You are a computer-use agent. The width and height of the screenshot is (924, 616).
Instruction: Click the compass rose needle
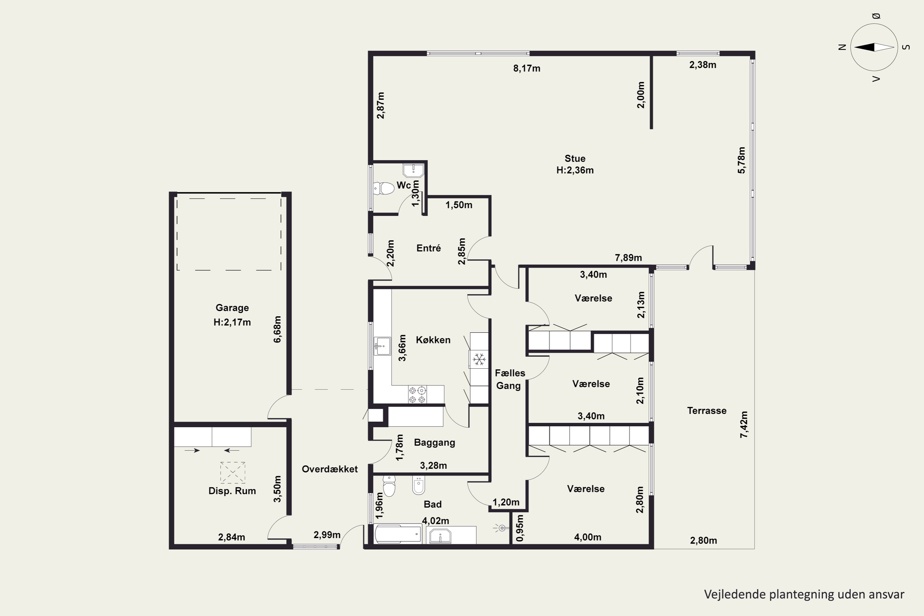pyautogui.click(x=874, y=47)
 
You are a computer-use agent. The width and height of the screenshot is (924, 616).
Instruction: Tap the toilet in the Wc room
pyautogui.click(x=383, y=188)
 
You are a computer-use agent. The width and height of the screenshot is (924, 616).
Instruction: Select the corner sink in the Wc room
pyautogui.click(x=413, y=171)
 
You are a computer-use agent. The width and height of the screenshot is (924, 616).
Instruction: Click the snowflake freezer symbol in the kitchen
pyautogui.click(x=479, y=359)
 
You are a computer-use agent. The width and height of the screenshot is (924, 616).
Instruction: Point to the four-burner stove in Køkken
pyautogui.click(x=417, y=395)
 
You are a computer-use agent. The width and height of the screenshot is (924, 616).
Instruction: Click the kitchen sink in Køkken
pyautogui.click(x=382, y=346)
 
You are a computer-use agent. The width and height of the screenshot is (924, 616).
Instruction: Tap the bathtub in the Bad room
pyautogui.click(x=398, y=534)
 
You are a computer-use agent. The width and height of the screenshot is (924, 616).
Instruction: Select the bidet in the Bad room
pyautogui.click(x=418, y=486)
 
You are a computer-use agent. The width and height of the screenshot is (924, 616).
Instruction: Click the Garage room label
pyautogui.click(x=232, y=308)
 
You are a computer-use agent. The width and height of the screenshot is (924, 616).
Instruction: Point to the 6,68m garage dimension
pyautogui.click(x=278, y=329)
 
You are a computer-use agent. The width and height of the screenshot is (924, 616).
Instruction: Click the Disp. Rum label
pyautogui.click(x=232, y=491)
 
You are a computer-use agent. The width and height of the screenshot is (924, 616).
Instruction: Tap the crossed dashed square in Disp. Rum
pyautogui.click(x=233, y=472)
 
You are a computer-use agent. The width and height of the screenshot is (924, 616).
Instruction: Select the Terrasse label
pyautogui.click(x=707, y=411)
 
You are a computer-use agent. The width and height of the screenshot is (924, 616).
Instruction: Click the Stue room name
pyautogui.click(x=575, y=158)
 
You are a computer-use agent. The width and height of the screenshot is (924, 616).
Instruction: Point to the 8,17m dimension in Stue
pyautogui.click(x=527, y=68)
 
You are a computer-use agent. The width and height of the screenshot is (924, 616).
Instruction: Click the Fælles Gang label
pyautogui.click(x=509, y=379)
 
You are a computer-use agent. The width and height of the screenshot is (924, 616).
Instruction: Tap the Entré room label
pyautogui.click(x=429, y=248)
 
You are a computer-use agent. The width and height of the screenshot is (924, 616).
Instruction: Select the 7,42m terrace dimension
pyautogui.click(x=744, y=424)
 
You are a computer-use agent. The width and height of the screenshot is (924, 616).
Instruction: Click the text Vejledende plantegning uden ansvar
pyautogui.click(x=804, y=594)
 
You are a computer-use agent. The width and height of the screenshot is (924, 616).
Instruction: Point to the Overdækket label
pyautogui.click(x=330, y=469)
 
